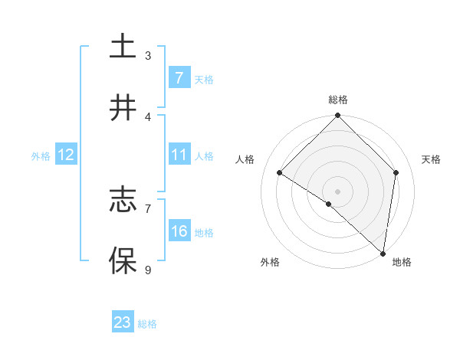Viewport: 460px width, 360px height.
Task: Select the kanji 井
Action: [123, 108]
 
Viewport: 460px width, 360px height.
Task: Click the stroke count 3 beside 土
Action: [148, 55]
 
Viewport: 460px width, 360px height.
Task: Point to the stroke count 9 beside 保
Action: [148, 269]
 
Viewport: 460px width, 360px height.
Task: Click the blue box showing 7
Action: [179, 78]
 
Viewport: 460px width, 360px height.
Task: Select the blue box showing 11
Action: [179, 155]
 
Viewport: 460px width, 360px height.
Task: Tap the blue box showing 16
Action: [179, 231]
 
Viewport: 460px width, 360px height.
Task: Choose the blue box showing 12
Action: [65, 155]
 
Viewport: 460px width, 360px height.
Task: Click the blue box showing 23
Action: [123, 322]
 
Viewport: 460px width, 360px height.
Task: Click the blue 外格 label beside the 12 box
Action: [41, 156]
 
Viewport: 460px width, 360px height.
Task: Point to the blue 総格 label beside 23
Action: [147, 324]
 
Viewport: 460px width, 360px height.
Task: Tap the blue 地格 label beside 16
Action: [204, 233]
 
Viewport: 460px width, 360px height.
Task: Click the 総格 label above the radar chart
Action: [338, 100]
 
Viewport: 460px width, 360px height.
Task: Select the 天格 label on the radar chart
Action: [432, 159]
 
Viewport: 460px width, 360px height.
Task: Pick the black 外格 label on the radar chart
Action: [270, 262]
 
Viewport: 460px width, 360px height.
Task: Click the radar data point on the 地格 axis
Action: [383, 254]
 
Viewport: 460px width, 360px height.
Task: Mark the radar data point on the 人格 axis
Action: [280, 173]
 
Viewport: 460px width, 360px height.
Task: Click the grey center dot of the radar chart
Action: [338, 191]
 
